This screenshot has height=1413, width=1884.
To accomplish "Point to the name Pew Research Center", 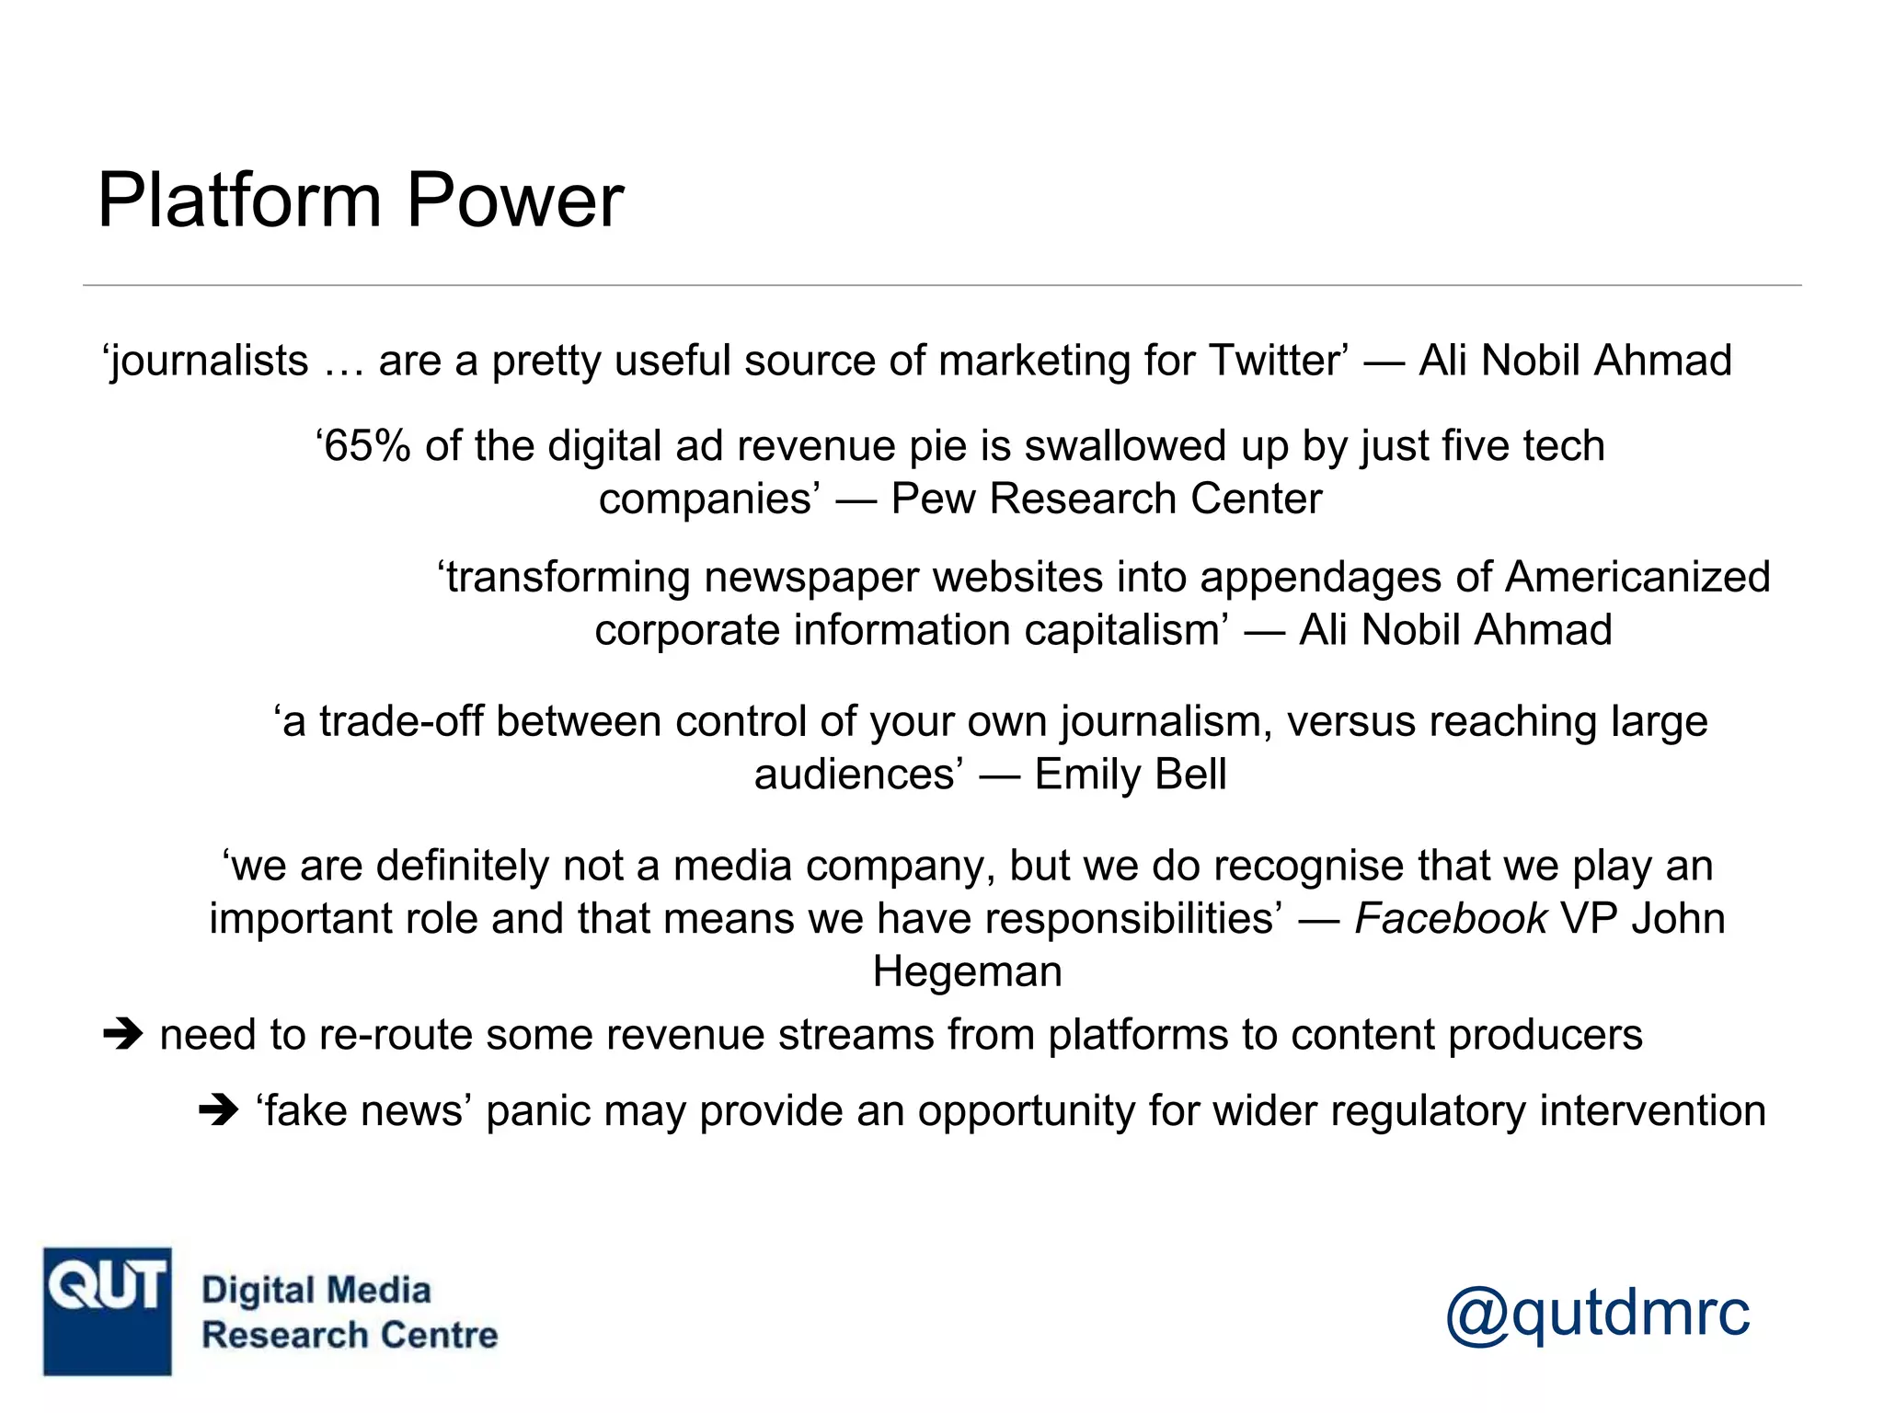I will point(1106,500).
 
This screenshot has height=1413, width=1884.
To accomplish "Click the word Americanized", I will point(1637,578).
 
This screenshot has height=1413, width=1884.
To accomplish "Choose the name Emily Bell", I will point(1131,775).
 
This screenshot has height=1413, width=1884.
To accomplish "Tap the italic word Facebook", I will point(1450,919).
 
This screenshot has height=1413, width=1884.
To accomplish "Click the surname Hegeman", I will point(967,972).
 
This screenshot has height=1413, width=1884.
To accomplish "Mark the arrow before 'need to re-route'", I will point(123,1035).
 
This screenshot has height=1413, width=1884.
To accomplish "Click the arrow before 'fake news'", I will point(219,1111).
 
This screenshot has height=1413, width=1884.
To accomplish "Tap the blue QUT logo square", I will point(107,1311).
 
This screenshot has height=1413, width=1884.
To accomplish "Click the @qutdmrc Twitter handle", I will point(1597,1312).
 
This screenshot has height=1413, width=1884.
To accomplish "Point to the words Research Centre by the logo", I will point(350,1336).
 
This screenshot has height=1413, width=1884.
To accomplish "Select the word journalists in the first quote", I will point(208,361).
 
